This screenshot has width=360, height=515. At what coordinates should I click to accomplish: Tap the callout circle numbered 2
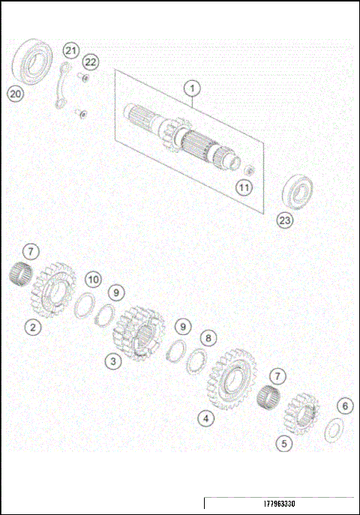click(32, 327)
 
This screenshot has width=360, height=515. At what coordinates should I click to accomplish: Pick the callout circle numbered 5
click(283, 443)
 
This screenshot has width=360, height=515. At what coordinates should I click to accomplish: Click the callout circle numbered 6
click(344, 406)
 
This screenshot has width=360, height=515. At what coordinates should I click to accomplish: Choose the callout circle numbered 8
click(208, 338)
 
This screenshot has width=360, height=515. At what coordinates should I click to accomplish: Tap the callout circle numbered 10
click(92, 280)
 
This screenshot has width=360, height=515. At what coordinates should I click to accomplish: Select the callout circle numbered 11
click(244, 187)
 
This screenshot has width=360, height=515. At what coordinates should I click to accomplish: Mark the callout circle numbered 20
click(15, 93)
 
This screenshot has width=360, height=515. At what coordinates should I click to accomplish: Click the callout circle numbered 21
click(70, 51)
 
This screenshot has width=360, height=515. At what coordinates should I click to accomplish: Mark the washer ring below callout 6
click(332, 430)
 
